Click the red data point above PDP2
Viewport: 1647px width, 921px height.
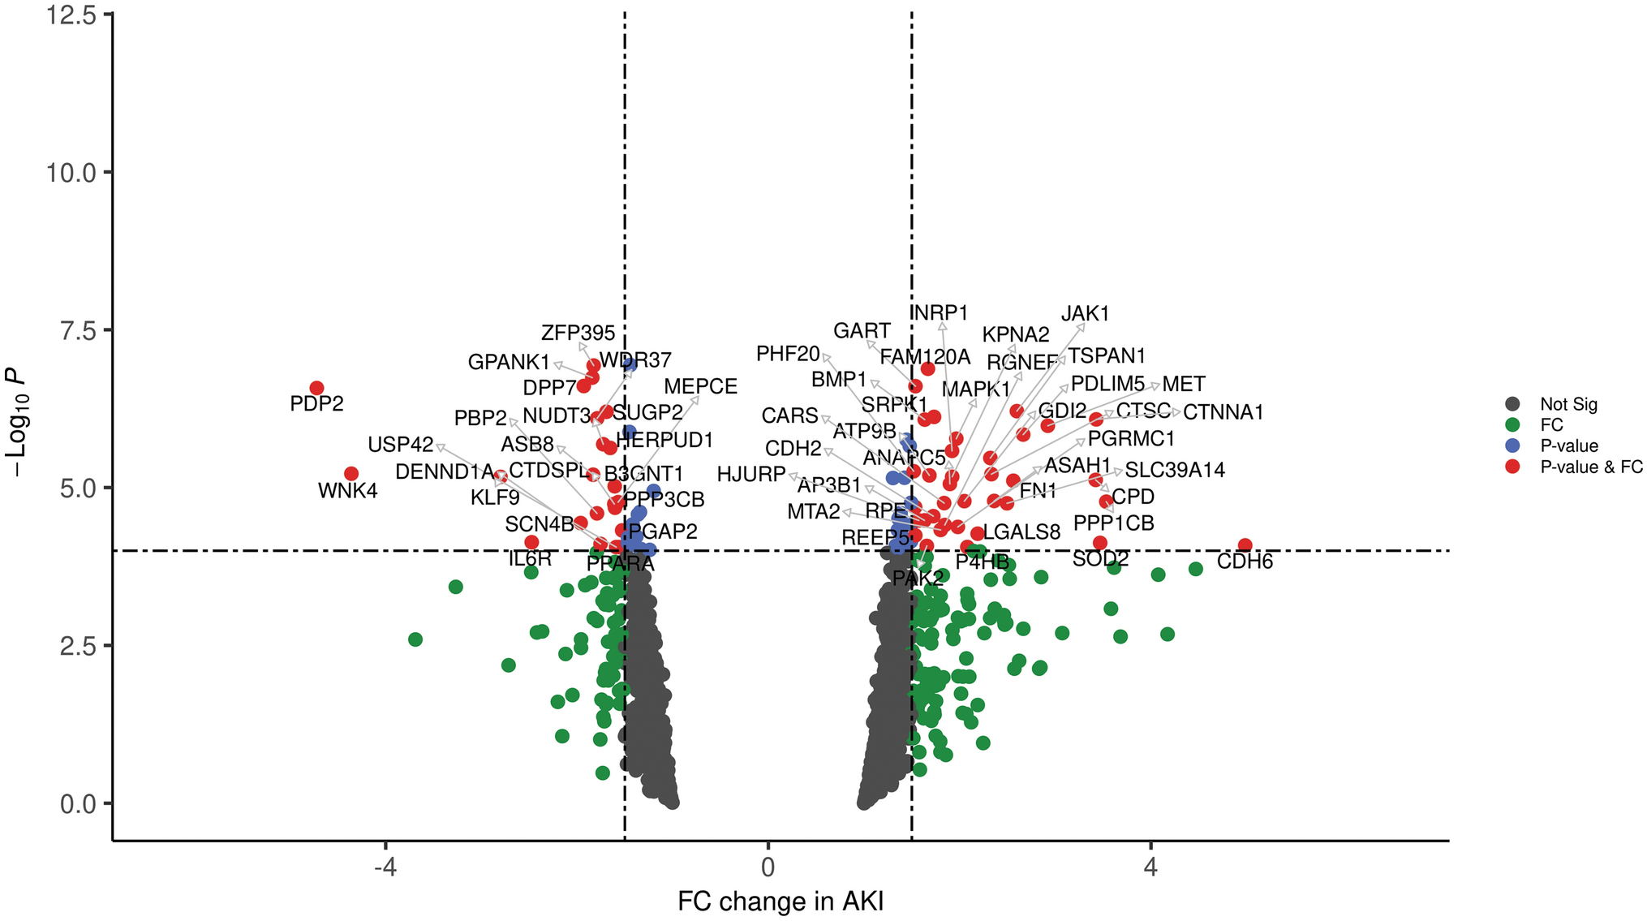[x=316, y=388]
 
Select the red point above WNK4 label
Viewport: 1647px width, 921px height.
[x=351, y=474]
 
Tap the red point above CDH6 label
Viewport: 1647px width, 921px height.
[x=1245, y=545]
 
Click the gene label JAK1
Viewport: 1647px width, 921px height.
[x=1085, y=314]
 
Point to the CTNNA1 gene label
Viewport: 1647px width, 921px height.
[x=1223, y=412]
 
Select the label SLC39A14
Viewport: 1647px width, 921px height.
[x=1174, y=471]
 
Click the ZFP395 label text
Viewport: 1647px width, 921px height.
[x=578, y=334]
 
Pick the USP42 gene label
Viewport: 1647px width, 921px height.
[x=400, y=445]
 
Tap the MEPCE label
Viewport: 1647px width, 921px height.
[x=700, y=387]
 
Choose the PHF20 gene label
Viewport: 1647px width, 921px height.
[x=788, y=354]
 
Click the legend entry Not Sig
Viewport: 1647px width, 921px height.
[x=1568, y=404]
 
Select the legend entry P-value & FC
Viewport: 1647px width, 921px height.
[x=1591, y=467]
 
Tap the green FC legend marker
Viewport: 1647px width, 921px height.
[x=1512, y=424]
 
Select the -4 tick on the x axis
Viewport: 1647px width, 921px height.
[x=385, y=867]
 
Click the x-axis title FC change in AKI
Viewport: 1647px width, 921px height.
[x=780, y=902]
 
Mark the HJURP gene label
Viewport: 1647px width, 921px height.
[x=750, y=475]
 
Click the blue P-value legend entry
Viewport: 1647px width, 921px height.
[x=1568, y=445]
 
